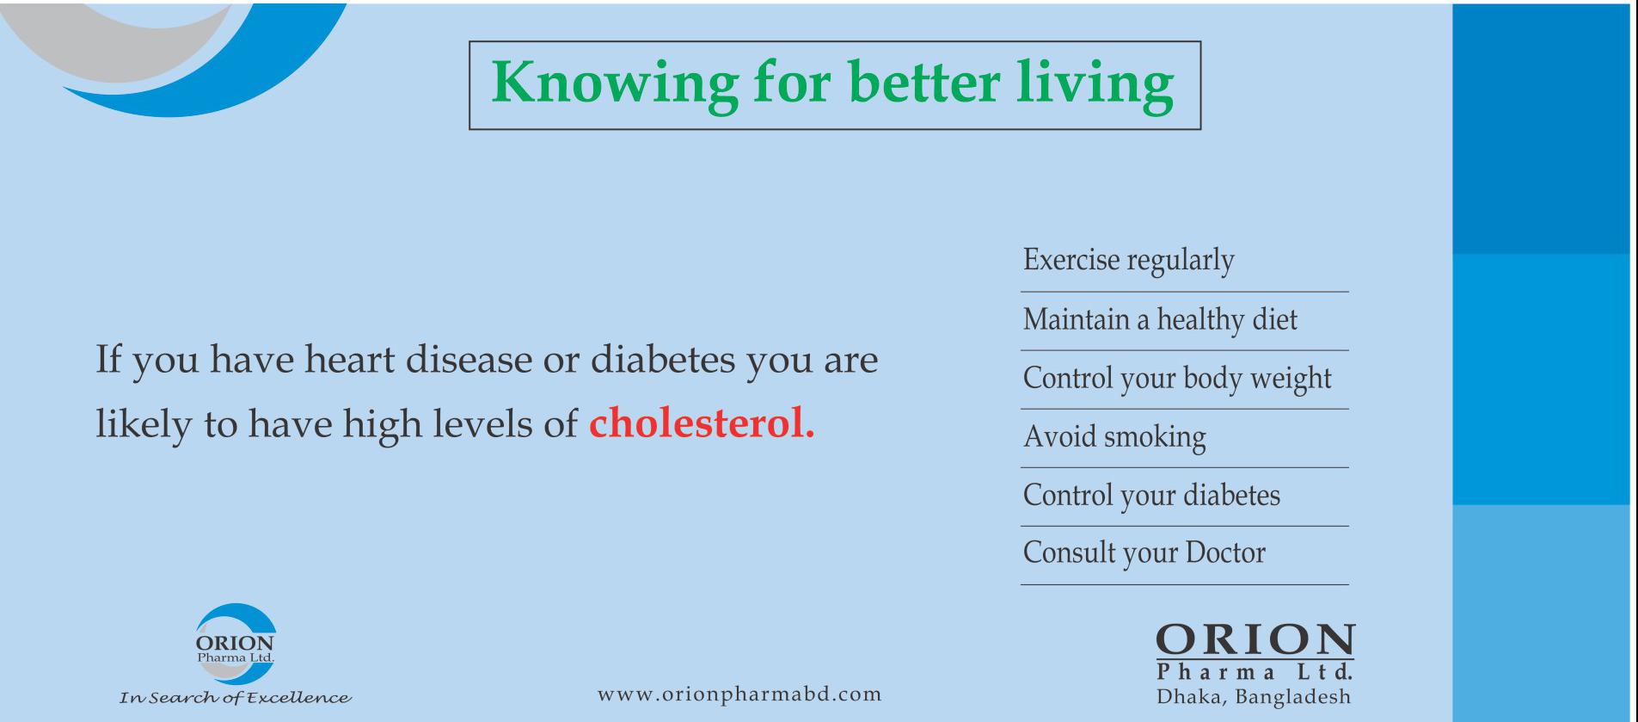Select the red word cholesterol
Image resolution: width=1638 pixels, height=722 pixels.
click(x=702, y=423)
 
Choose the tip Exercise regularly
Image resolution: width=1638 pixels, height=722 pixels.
click(x=1128, y=261)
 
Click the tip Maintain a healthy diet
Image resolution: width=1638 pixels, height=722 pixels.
click(x=1160, y=320)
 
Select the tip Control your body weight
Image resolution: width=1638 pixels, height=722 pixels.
click(x=1177, y=379)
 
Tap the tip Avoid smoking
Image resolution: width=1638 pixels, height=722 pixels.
click(x=1114, y=437)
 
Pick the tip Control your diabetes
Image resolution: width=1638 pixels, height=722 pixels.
click(x=1151, y=496)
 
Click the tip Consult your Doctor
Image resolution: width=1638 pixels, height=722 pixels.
click(x=1144, y=553)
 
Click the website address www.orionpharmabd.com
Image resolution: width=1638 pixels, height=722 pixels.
click(x=739, y=694)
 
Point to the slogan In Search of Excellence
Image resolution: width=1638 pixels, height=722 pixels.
click(x=235, y=698)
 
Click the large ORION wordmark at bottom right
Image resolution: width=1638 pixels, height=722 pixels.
click(x=1255, y=639)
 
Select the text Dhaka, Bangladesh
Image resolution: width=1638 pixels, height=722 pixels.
click(x=1254, y=696)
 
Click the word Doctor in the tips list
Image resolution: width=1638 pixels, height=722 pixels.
click(x=1225, y=552)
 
